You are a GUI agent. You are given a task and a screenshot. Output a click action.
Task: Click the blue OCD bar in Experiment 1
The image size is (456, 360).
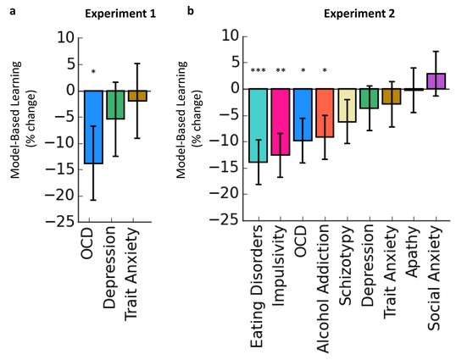tap(93, 127)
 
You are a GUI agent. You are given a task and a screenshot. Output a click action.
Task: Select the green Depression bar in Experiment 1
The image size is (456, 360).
tap(115, 104)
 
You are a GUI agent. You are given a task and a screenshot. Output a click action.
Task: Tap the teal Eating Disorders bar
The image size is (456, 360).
tap(259, 125)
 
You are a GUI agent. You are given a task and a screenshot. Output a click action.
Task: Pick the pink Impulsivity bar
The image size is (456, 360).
tap(281, 122)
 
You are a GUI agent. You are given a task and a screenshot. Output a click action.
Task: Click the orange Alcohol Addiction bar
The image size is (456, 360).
tap(325, 113)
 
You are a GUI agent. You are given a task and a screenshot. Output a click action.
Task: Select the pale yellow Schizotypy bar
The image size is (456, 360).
tap(347, 105)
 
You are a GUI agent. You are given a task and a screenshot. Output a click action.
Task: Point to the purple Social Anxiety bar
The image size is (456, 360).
tap(436, 81)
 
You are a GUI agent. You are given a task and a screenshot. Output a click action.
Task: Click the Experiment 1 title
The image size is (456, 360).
tap(120, 14)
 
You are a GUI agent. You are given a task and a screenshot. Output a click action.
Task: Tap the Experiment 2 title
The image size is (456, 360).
tap(359, 14)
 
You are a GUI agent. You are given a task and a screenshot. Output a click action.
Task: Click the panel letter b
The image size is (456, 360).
tap(191, 11)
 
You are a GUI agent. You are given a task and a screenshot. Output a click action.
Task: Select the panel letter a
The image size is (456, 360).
tap(13, 12)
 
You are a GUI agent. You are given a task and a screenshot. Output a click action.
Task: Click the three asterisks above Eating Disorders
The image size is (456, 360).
tap(259, 70)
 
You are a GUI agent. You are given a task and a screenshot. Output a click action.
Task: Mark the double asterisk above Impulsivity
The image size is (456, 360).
tap(281, 70)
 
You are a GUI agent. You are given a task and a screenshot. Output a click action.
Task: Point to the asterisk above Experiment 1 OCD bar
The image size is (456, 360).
tap(93, 71)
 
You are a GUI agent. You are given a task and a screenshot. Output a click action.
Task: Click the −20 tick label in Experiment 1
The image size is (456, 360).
tap(60, 197)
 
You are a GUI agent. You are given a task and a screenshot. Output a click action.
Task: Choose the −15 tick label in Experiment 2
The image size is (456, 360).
tap(225, 169)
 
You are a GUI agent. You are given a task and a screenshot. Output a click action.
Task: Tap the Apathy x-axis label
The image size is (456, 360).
tap(413, 252)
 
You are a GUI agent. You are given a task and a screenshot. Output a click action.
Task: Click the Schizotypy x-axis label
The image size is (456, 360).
tap(347, 266)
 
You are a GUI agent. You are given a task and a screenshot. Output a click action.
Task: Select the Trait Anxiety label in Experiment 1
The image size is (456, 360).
tap(131, 274)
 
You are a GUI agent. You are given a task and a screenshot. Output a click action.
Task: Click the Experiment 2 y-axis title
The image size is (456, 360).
tap(189, 119)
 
